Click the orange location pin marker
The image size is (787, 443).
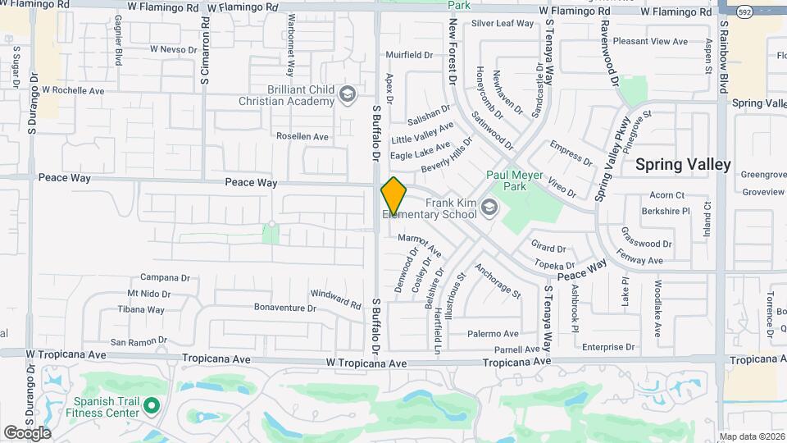[393, 196]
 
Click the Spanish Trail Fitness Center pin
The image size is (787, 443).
[151, 404]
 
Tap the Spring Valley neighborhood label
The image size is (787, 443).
[683, 164]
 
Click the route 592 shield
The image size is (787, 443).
[744, 13]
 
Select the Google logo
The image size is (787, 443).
[27, 432]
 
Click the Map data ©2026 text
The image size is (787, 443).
[752, 436]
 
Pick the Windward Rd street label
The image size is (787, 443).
[335, 299]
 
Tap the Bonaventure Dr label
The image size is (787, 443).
[284, 308]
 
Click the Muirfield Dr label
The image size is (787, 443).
[409, 56]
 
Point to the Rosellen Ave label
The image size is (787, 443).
[302, 136]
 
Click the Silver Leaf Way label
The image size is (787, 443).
[503, 24]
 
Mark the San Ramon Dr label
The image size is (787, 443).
[139, 340]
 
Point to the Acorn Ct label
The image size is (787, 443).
[666, 195]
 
